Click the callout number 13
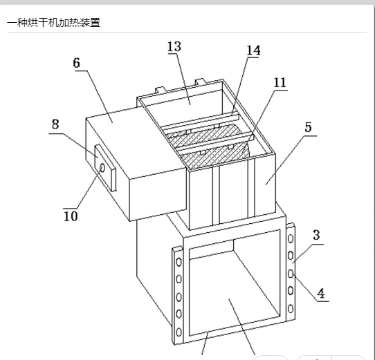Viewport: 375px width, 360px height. [174, 46]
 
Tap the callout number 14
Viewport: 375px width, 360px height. [253, 50]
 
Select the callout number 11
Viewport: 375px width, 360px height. [280, 83]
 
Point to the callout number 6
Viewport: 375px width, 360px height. [76, 64]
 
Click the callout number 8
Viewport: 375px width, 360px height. [55, 124]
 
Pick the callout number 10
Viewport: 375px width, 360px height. [71, 216]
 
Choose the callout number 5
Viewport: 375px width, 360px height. [309, 127]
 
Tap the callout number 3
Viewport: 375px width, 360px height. [316, 236]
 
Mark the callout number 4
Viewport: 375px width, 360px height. [321, 293]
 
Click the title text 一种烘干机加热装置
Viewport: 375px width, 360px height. [53, 23]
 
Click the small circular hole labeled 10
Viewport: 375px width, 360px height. [102, 168]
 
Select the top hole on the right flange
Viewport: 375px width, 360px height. [291, 238]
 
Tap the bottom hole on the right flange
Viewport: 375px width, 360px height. [291, 309]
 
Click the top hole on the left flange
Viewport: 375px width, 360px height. [179, 262]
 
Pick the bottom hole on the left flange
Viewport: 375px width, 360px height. [179, 332]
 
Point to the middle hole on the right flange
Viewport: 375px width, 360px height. [291, 274]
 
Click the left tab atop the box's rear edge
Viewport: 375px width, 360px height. [161, 91]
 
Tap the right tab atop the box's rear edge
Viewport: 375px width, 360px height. [201, 82]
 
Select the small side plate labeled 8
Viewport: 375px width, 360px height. [105, 168]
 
